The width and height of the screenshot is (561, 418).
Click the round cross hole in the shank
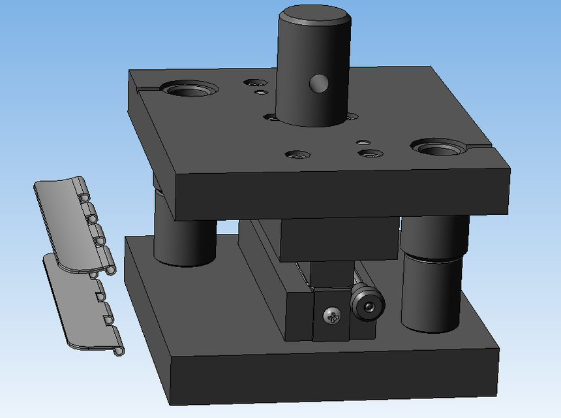click(319, 83)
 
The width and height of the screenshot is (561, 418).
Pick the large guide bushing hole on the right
click(440, 148)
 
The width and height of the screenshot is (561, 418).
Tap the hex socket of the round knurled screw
click(369, 307)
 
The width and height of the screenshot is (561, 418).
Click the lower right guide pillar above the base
click(431, 294)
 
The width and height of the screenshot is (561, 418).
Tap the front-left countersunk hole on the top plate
click(297, 155)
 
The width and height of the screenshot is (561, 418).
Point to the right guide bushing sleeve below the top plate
click(434, 235)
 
